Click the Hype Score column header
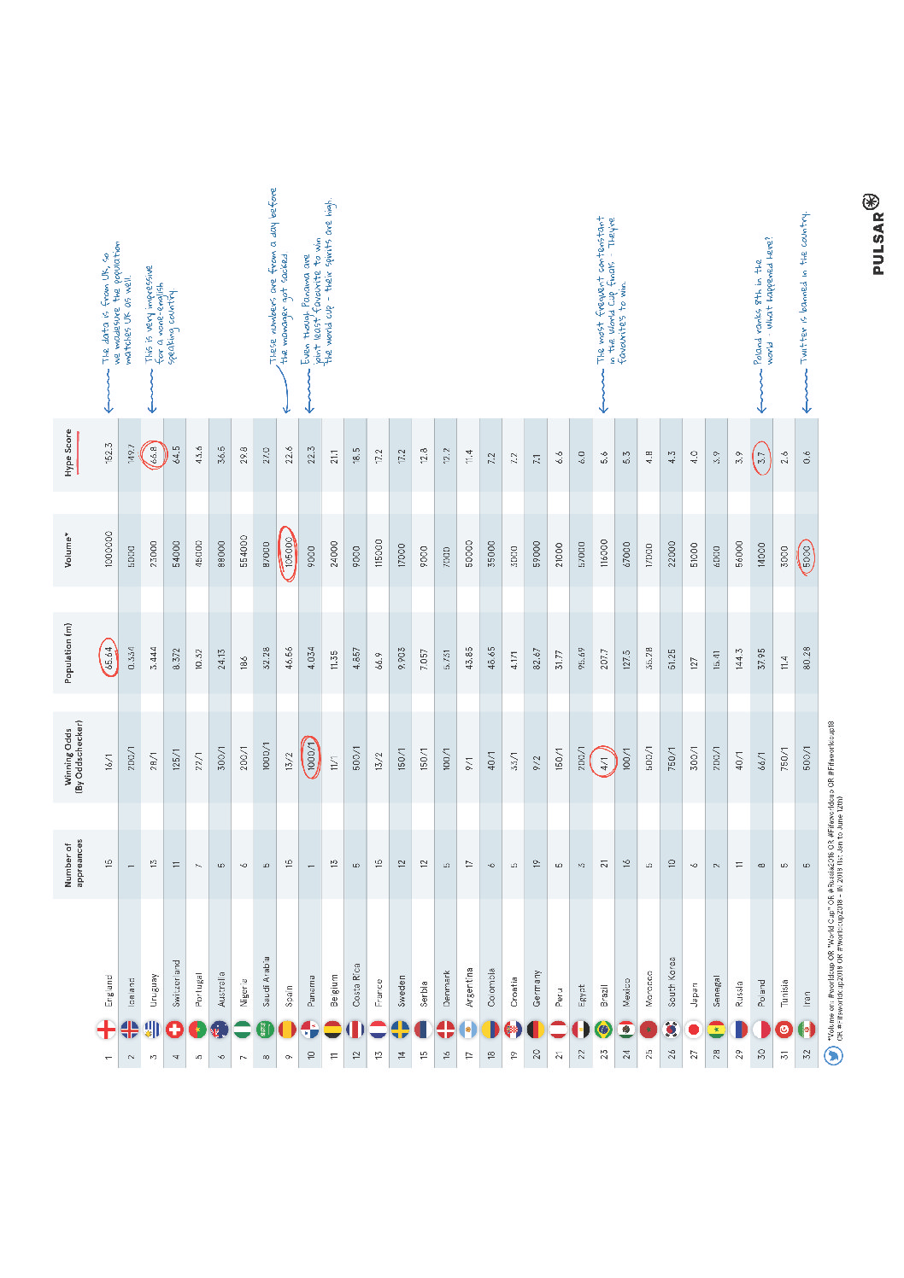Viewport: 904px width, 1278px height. tap(69, 452)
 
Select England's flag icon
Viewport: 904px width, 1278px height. tap(106, 1030)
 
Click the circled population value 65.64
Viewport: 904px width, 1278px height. tap(109, 657)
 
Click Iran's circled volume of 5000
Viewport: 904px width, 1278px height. tap(807, 557)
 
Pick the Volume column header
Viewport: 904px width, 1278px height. tap(68, 551)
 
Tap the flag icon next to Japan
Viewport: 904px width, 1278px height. tap(694, 1030)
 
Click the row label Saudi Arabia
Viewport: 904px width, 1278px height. tap(266, 981)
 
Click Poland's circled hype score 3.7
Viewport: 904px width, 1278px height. tap(761, 458)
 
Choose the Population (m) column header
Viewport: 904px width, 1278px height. tap(68, 653)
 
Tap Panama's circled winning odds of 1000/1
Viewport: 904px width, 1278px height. tap(311, 757)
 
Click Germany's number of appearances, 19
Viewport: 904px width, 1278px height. tap(537, 863)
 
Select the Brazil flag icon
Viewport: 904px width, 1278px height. tap(604, 1030)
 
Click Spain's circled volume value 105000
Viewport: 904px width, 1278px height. tap(289, 553)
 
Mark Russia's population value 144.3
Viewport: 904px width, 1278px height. tap(739, 657)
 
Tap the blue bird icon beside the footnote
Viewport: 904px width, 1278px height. tap(833, 1056)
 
